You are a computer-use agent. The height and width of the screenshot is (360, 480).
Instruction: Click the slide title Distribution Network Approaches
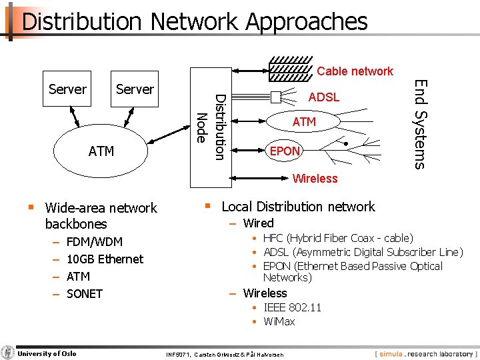(x=194, y=21)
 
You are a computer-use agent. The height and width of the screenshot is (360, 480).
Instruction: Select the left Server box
(x=67, y=89)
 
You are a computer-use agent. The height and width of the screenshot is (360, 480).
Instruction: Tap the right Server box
(x=135, y=89)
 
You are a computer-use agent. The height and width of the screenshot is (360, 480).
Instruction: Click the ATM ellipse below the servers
(x=101, y=151)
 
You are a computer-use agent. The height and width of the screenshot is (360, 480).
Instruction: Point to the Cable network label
(x=355, y=71)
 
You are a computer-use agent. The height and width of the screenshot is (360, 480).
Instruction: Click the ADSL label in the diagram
(x=324, y=97)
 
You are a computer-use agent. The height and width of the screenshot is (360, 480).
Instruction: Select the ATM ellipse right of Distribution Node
(x=304, y=122)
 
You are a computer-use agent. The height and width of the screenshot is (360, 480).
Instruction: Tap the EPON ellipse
(x=285, y=151)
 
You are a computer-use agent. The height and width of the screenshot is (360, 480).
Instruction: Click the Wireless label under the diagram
(x=315, y=179)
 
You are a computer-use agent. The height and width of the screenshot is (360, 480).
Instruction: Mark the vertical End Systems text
(x=419, y=124)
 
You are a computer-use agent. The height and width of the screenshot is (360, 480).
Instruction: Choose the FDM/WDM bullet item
(x=95, y=242)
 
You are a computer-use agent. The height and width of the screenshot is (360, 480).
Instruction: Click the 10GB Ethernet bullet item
(x=105, y=259)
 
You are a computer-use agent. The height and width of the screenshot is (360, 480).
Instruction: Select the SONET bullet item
(x=85, y=294)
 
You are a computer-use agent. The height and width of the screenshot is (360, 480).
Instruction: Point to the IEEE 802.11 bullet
(x=292, y=307)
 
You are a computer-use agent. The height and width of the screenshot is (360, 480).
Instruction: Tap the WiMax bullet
(x=279, y=321)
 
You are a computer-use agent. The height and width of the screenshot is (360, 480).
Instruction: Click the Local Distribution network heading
(x=298, y=207)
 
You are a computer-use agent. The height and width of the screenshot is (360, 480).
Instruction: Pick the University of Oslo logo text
(x=47, y=353)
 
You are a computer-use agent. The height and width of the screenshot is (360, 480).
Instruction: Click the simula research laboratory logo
(x=425, y=353)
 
